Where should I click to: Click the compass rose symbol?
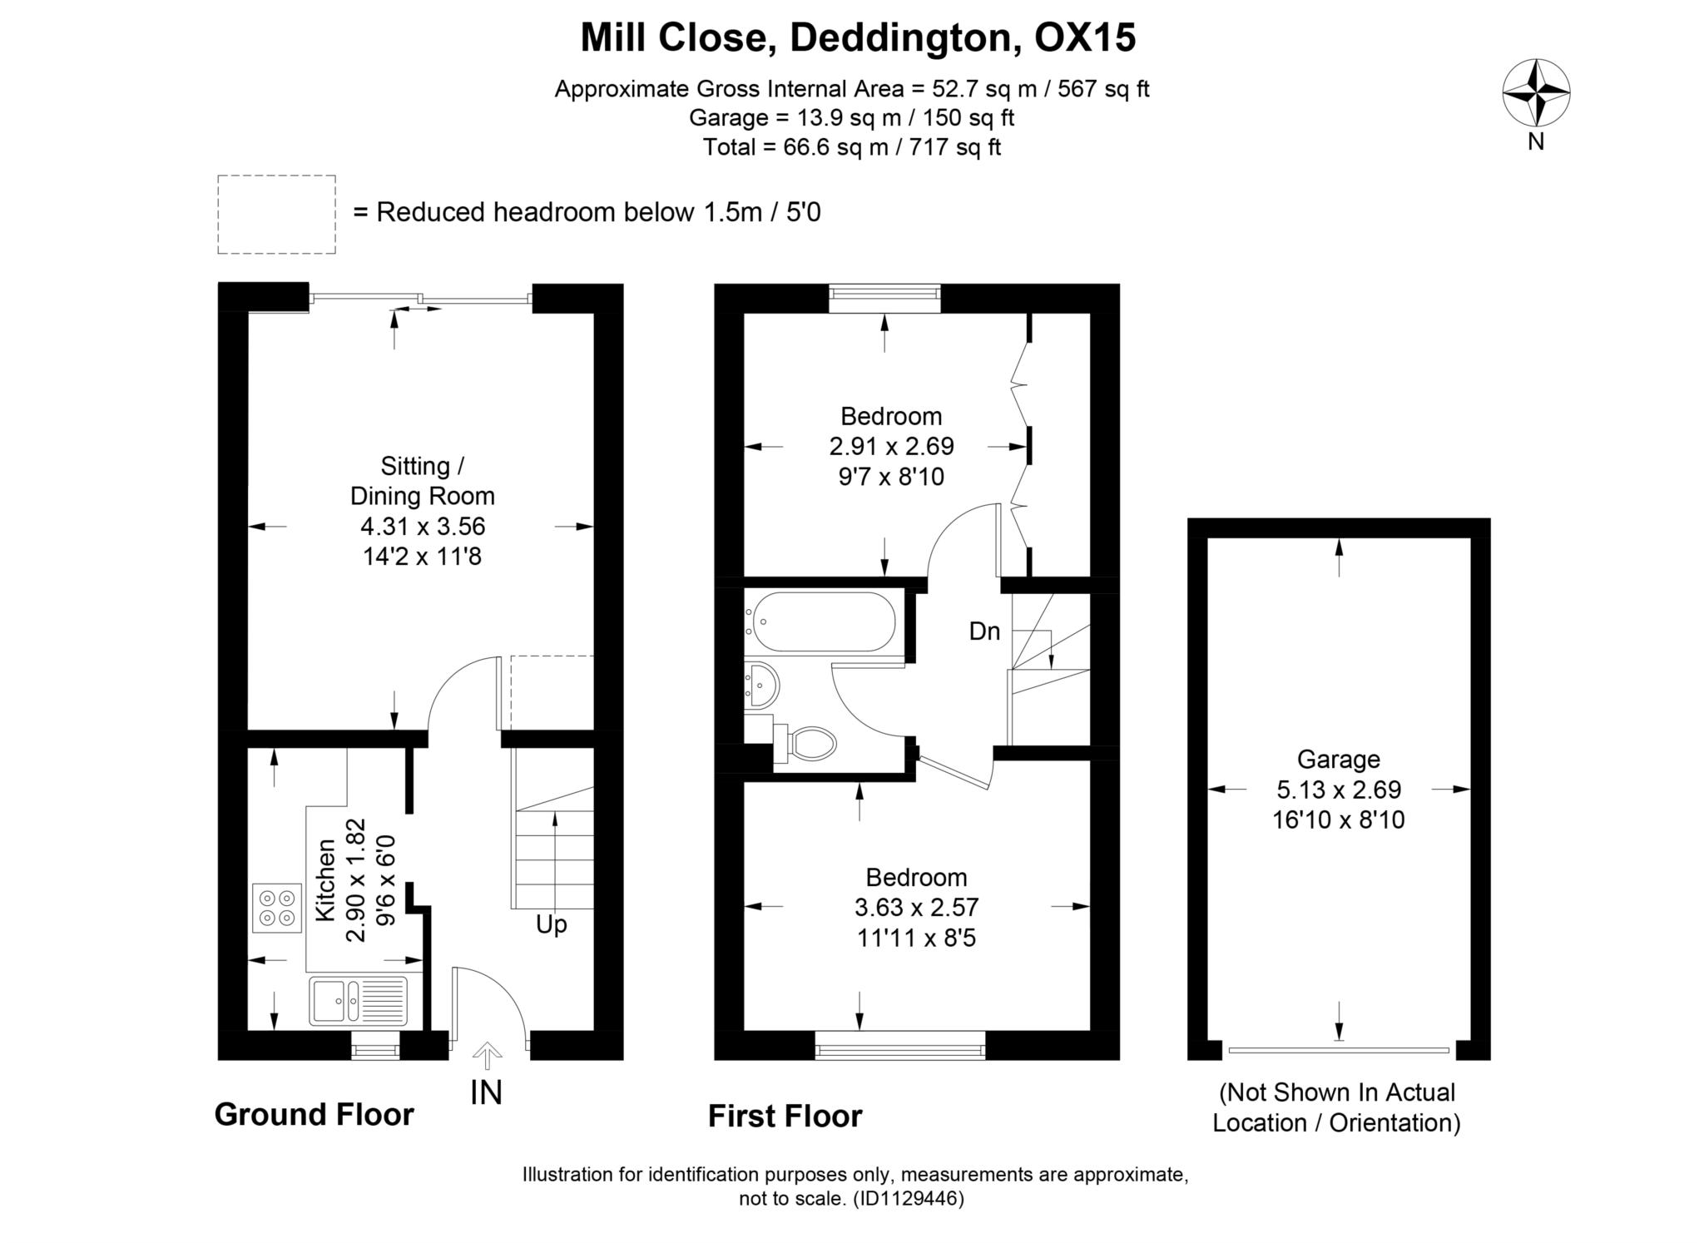(x=1536, y=93)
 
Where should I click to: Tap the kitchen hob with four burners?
(x=277, y=908)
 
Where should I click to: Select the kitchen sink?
(x=359, y=1001)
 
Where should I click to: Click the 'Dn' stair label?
(x=984, y=631)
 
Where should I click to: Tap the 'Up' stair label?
(x=552, y=925)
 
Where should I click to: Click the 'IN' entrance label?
(x=487, y=1092)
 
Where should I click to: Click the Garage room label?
(x=1338, y=760)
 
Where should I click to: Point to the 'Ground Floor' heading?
(x=314, y=1115)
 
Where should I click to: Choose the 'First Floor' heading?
(x=785, y=1117)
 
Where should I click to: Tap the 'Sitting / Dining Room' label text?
(x=422, y=481)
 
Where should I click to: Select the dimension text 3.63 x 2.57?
(x=916, y=908)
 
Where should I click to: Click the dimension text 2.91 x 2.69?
(x=891, y=447)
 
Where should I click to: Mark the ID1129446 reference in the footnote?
(x=908, y=1199)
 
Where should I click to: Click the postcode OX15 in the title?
(x=1084, y=37)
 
